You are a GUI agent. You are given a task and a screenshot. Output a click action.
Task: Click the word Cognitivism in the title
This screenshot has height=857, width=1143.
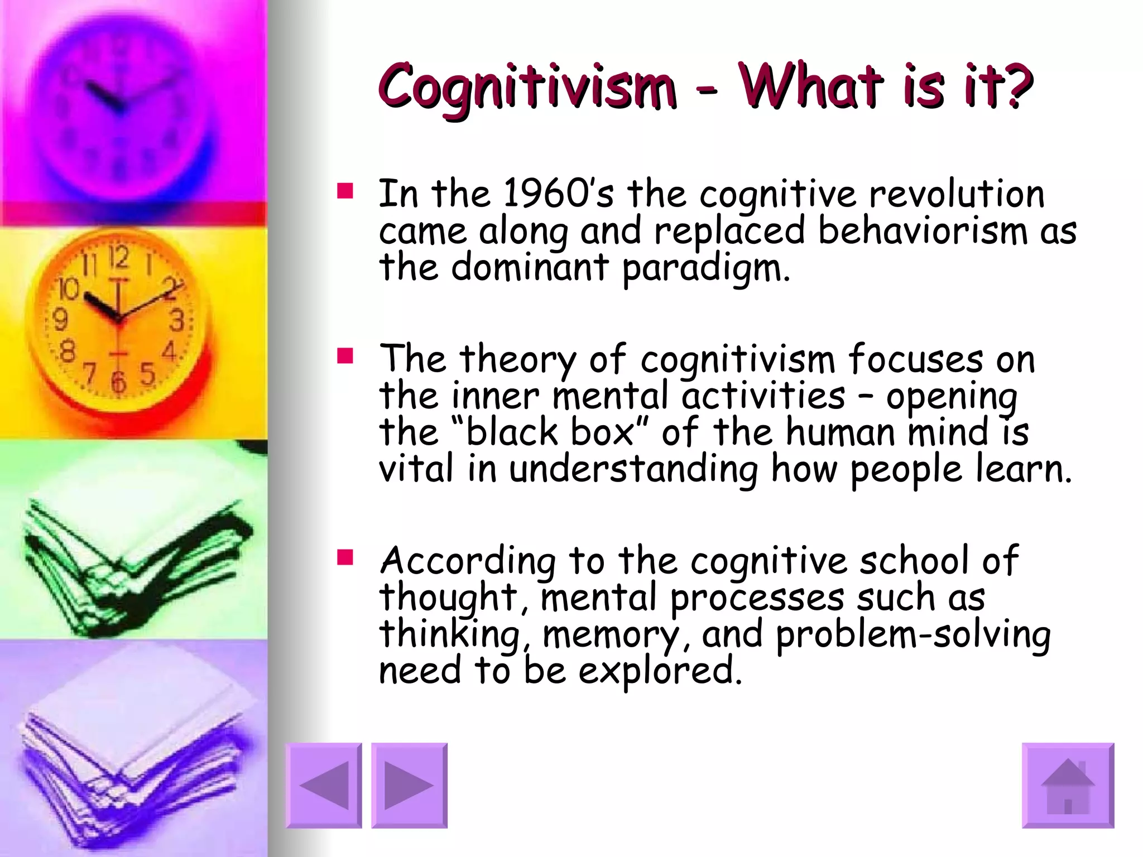[526, 86]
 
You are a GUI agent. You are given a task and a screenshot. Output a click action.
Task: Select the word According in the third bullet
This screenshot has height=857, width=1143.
[468, 560]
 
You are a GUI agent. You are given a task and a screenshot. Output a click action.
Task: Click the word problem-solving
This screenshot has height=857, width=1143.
[913, 634]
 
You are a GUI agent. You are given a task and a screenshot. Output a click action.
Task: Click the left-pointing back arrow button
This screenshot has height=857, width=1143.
[324, 785]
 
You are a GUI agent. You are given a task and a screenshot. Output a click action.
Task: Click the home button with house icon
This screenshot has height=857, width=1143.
[1068, 785]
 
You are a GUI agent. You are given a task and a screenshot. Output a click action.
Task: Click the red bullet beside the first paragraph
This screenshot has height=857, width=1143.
[345, 191]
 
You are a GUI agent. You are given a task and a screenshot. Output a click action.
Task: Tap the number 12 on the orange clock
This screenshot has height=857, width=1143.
[118, 258]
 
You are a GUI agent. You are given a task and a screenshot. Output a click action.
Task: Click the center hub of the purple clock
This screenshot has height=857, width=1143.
[118, 107]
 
